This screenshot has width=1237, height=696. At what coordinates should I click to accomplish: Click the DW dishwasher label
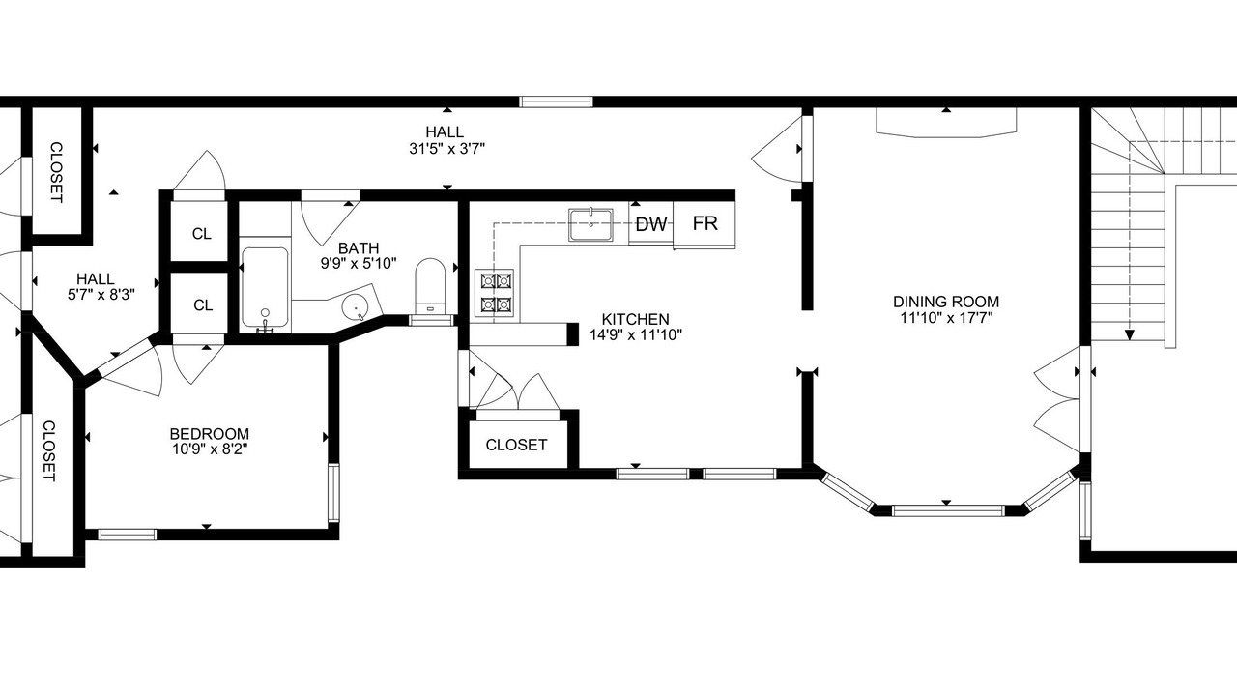coord(651,224)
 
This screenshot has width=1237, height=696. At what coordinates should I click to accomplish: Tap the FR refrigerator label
coord(705,223)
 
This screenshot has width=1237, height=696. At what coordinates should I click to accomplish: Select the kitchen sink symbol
coord(590,224)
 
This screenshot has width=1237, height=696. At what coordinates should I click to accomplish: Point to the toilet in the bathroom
coord(430,286)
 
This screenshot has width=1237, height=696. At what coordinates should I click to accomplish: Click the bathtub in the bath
coord(265,288)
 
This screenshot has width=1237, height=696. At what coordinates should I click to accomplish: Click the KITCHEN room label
coord(635,319)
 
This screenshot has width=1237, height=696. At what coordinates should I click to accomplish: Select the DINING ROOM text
coord(946,302)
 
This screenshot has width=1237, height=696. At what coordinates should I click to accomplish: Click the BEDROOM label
coord(210,434)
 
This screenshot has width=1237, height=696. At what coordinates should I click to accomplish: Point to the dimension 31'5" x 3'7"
coord(446,149)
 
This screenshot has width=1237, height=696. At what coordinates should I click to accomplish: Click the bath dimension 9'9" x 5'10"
coord(359,264)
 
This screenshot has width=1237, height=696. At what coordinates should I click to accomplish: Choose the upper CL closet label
coord(202,234)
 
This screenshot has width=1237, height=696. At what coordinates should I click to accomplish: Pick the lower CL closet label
coord(203,304)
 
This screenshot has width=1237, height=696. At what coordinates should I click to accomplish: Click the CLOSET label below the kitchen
coord(516,445)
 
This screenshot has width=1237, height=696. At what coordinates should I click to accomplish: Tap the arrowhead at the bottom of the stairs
coord(1130,334)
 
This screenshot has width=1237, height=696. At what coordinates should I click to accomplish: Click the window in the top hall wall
coord(556,101)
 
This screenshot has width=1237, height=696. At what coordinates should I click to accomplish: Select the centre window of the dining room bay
coord(947,511)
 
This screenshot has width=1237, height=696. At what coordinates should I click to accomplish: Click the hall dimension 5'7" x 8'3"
coord(101,295)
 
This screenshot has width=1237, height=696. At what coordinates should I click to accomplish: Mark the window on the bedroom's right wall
coord(333,493)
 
